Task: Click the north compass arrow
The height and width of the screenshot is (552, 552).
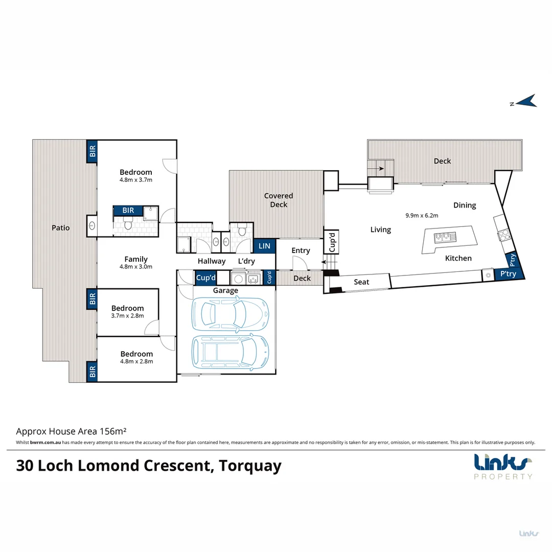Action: [526, 101]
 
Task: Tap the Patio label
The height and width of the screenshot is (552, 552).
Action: [61, 227]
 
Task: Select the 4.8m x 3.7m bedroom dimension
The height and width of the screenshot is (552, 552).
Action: [136, 180]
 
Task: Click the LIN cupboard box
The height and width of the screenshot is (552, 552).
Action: [264, 246]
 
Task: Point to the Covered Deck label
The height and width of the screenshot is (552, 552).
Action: [279, 200]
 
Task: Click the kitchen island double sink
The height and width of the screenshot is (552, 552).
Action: [445, 237]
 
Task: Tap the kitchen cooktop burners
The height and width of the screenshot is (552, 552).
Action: [503, 235]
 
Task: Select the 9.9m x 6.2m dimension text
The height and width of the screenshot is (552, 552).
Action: [422, 215]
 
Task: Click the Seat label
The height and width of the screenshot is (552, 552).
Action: [361, 282]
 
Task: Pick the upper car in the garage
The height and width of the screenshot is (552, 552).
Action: [229, 313]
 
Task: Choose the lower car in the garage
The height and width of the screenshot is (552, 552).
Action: [229, 352]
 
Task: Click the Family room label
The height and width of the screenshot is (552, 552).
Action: [136, 259]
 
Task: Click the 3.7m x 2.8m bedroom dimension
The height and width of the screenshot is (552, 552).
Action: [127, 316]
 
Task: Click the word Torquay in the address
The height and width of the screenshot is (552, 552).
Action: [250, 466]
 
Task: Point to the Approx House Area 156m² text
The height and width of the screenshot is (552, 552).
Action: [71, 431]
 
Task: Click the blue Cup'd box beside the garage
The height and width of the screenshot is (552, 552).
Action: [206, 278]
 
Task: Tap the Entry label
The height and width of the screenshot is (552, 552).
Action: [301, 250]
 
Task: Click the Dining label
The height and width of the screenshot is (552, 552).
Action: [464, 205]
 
